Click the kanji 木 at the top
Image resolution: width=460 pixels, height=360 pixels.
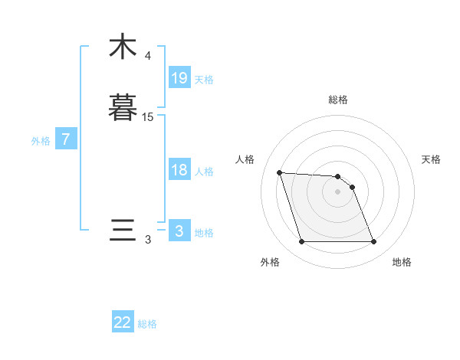point(123,46)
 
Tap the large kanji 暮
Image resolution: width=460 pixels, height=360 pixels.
point(123,107)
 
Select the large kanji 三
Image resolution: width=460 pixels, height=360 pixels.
point(123,231)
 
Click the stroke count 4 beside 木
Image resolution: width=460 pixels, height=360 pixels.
point(148,56)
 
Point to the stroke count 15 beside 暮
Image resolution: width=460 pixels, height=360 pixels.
point(148,117)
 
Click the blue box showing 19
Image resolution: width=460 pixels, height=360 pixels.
point(179,78)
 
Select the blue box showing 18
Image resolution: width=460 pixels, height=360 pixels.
point(179,170)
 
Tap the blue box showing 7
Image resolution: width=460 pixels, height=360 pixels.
point(66,140)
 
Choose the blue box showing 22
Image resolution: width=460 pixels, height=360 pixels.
point(123,322)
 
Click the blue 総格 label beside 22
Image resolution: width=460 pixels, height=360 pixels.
point(147,324)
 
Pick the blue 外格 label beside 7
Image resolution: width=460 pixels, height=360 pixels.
point(40,141)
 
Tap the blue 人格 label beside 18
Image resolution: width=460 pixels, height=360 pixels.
point(204,172)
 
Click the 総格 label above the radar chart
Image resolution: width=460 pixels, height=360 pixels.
point(338,100)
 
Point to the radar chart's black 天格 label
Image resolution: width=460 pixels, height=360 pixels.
point(432,159)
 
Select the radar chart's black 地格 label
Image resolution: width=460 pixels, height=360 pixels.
point(402,262)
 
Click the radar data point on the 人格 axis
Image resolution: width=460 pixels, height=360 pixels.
point(279,172)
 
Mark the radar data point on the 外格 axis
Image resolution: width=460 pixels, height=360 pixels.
point(301,242)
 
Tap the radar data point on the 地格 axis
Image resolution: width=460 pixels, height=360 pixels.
point(374,242)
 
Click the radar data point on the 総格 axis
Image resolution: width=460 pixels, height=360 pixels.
point(338,175)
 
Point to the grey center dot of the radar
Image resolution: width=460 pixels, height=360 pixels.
point(338,191)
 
